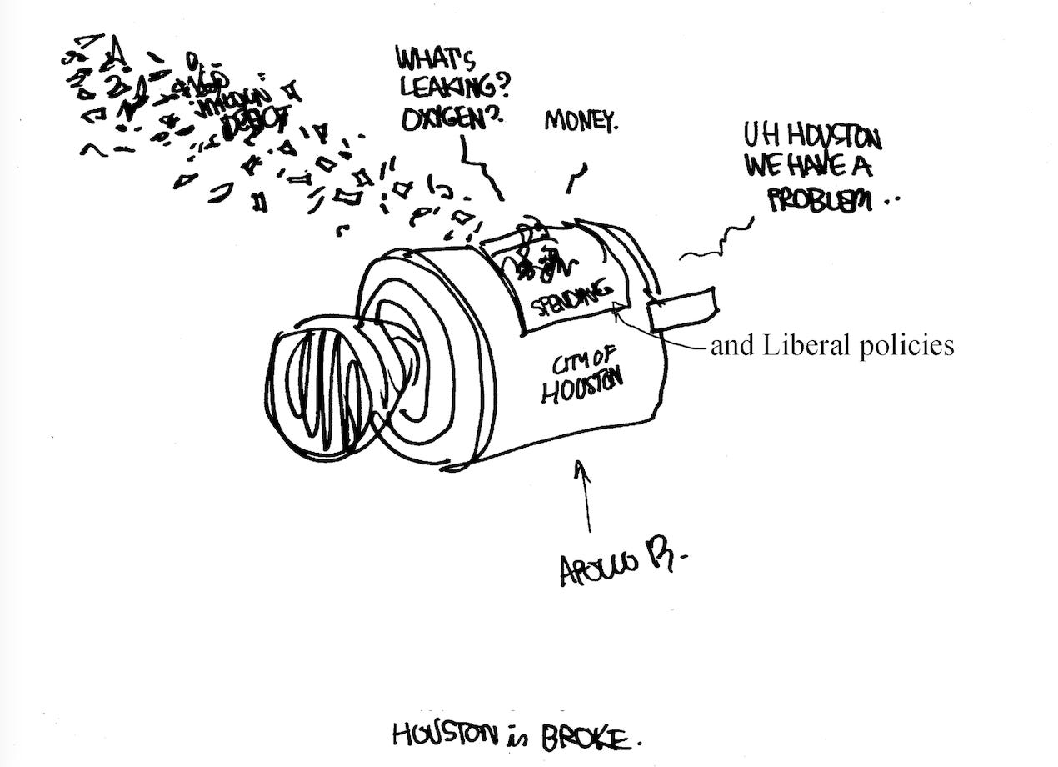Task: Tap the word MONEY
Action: click(582, 123)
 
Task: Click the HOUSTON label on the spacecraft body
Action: click(583, 387)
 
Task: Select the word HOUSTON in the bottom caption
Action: click(442, 734)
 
